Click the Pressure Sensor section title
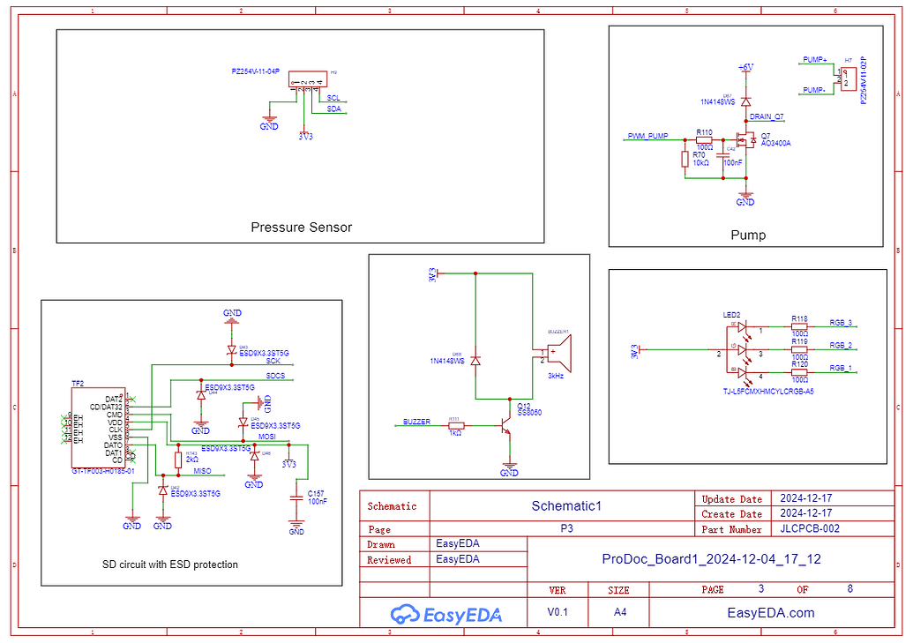pos(301,228)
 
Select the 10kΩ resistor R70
pos(685,159)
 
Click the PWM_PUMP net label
pos(647,137)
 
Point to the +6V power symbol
pos(745,67)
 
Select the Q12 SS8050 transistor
pos(506,425)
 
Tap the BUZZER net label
pos(416,422)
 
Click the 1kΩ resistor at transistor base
pos(455,425)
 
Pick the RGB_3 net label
pos(841,323)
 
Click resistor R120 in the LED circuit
pos(799,371)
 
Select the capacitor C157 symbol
pos(296,498)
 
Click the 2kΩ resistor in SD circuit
pos(179,459)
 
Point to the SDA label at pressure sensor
pos(333,108)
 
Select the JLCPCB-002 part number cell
pos(810,529)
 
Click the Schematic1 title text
pos(565,505)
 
